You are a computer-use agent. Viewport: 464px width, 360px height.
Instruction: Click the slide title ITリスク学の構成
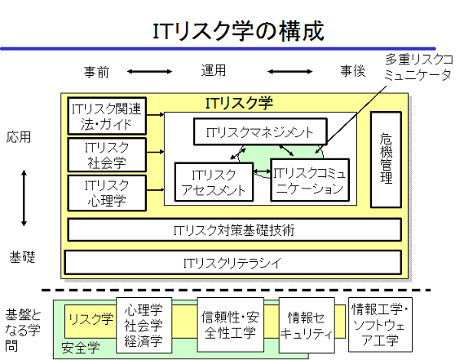[238, 31]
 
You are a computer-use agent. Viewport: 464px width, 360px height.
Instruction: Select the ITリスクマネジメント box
[260, 131]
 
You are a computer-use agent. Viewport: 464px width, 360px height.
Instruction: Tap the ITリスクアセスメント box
[214, 182]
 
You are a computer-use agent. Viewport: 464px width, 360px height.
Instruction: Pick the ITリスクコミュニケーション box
[310, 180]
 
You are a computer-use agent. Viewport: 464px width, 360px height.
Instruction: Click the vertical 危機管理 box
[386, 159]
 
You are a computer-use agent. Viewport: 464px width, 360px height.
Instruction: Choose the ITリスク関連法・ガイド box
[107, 116]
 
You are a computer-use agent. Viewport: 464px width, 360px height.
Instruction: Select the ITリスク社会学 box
[107, 154]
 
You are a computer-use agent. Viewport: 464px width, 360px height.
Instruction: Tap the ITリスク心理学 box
[107, 193]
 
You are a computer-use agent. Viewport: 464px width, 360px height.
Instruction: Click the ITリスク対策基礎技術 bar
[234, 230]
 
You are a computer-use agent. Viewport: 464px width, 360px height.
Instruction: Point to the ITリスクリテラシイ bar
[233, 263]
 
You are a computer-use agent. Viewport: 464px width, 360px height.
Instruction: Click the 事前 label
[96, 72]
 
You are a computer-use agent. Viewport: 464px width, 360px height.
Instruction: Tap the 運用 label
[214, 70]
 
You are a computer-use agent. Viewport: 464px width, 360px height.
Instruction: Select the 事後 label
[353, 71]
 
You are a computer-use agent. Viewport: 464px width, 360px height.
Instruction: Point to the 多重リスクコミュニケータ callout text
[418, 68]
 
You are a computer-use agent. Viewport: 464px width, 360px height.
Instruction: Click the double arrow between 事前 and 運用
[149, 71]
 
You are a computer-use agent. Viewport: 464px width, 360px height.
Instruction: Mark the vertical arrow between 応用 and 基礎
[24, 198]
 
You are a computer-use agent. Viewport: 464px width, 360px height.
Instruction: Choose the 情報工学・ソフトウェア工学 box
[380, 325]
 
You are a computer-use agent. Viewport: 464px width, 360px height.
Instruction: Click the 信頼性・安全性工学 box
[231, 325]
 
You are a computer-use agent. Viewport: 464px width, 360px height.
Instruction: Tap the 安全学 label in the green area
[81, 347]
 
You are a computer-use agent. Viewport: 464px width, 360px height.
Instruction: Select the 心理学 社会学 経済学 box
[144, 326]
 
